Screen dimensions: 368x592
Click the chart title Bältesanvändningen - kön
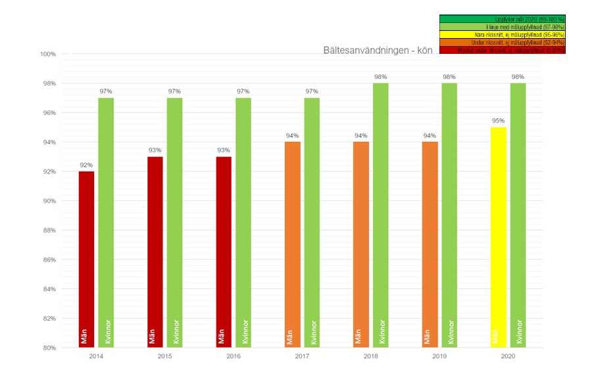click(378, 51)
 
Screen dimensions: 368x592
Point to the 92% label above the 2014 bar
click(87, 166)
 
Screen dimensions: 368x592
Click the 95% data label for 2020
click(499, 121)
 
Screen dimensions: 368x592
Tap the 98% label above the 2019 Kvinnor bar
click(449, 77)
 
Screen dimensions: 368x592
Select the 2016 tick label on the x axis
click(234, 356)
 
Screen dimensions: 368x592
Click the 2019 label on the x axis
click(439, 356)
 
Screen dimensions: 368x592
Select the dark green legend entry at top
click(502, 19)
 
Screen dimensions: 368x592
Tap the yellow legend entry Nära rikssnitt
click(502, 35)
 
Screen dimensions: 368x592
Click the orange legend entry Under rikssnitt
click(502, 43)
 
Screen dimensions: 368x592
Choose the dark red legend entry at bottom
click(502, 51)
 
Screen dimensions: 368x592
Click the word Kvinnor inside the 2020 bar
click(518, 332)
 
